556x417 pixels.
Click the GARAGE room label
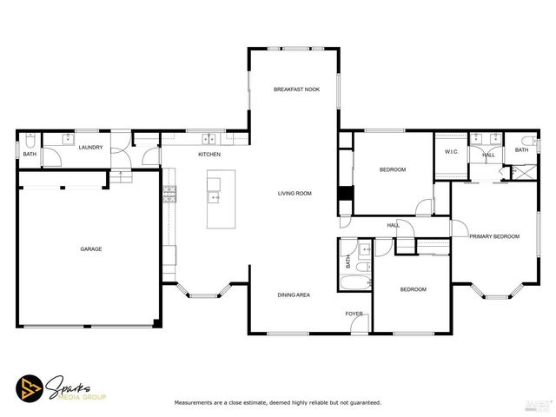91,249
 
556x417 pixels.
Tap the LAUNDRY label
90,148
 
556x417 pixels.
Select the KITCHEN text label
209,155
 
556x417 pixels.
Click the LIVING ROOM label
295,193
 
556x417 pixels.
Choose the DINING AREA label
294,295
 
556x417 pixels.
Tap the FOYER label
354,313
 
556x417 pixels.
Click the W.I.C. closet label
451,152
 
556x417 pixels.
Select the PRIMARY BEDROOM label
494,236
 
